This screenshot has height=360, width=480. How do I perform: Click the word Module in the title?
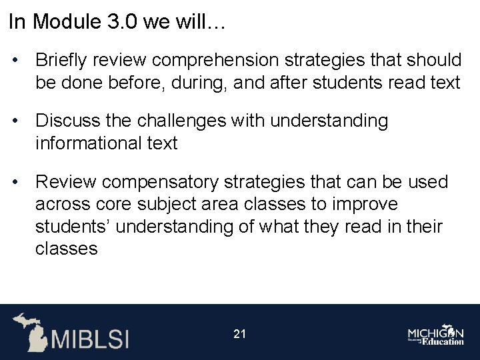67,22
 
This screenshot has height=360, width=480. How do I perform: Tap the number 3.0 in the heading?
121,22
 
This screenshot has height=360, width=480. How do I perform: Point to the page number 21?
240,333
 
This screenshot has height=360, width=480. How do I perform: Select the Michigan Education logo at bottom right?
436,335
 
